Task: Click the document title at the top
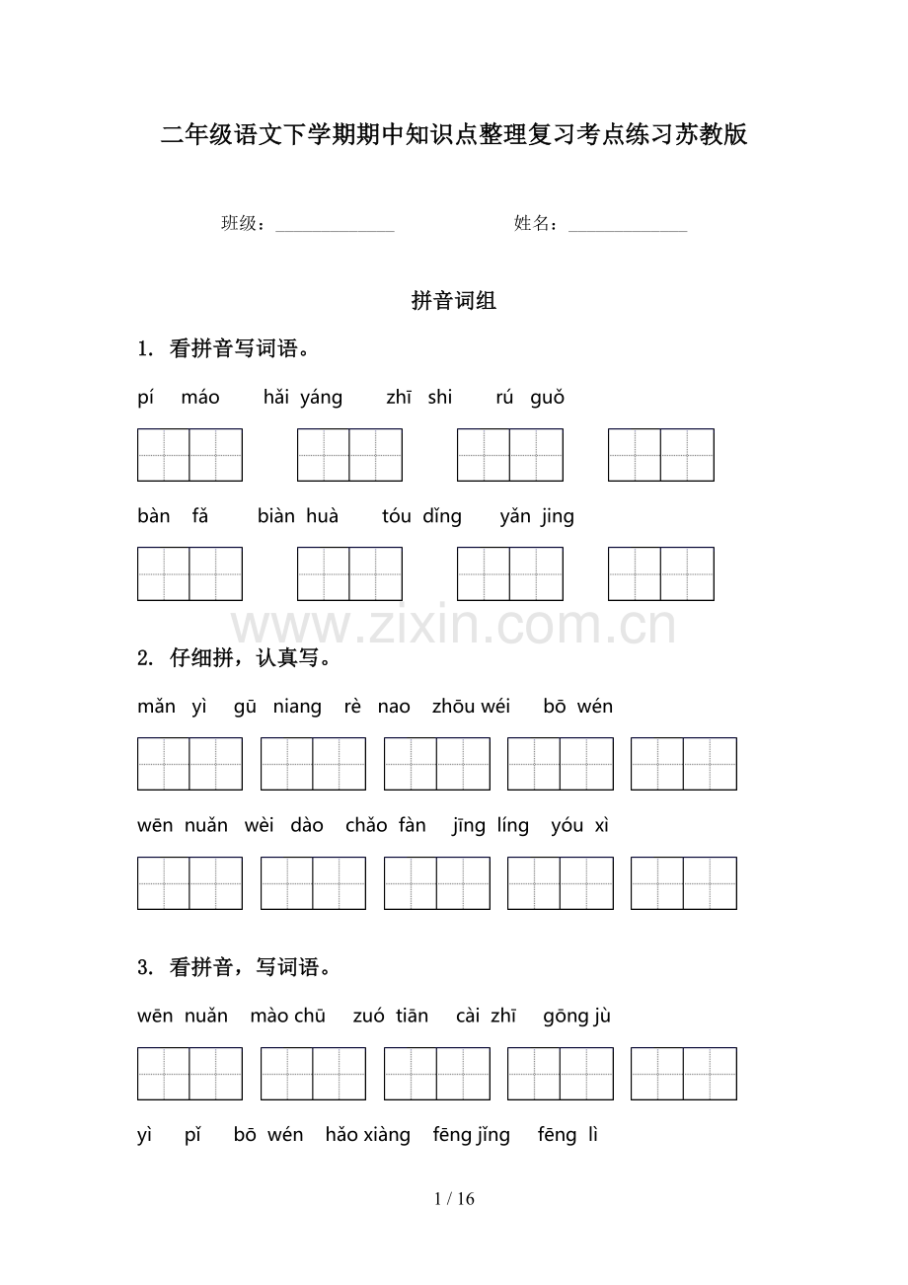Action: pyautogui.click(x=454, y=135)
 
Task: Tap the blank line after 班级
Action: pyautogui.click(x=335, y=225)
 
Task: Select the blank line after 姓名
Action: pyautogui.click(x=628, y=225)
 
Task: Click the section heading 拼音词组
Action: pyautogui.click(x=454, y=302)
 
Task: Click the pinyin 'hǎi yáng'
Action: pyautogui.click(x=303, y=398)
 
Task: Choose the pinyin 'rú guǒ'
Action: pyautogui.click(x=530, y=398)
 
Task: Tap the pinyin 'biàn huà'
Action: pyautogui.click(x=298, y=516)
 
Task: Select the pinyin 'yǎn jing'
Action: pyautogui.click(x=537, y=516)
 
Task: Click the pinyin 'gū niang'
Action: pyautogui.click(x=277, y=707)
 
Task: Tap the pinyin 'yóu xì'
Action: pyautogui.click(x=580, y=826)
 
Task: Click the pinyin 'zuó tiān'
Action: pyautogui.click(x=391, y=1017)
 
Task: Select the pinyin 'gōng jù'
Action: pyautogui.click(x=577, y=1017)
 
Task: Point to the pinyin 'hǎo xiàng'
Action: pyautogui.click(x=368, y=1135)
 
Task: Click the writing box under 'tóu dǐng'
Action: pyautogui.click(x=509, y=574)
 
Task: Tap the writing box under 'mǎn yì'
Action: pyautogui.click(x=189, y=764)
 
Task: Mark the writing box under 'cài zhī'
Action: pyautogui.click(x=560, y=1074)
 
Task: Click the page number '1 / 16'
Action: pyautogui.click(x=454, y=1199)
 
